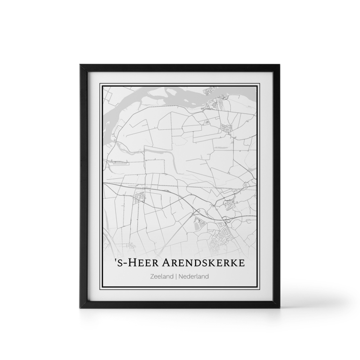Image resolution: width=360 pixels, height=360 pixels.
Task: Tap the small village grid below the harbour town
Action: [226, 128]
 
